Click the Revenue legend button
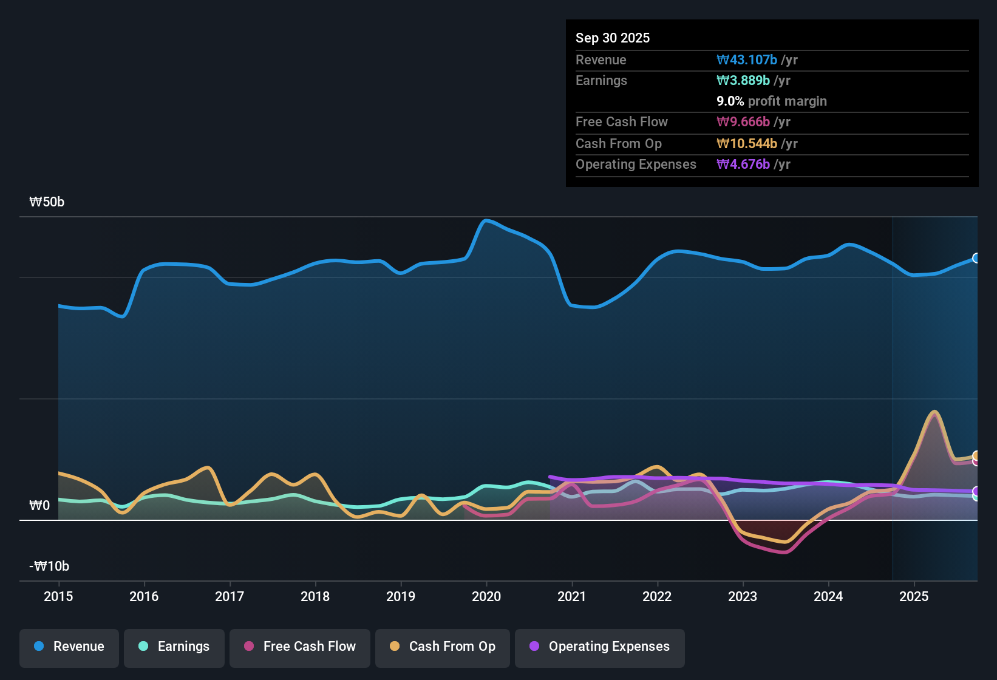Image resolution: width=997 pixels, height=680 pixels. coord(69,647)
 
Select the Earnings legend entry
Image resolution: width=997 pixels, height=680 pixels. coord(174,647)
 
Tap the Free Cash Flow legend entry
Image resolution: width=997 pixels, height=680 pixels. coord(300,647)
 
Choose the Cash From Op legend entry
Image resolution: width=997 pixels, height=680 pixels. coord(443,647)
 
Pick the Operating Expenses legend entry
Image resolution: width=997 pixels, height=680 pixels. coord(600,647)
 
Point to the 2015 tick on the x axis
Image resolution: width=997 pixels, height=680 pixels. coord(58,596)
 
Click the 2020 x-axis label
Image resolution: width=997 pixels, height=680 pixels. coord(486,596)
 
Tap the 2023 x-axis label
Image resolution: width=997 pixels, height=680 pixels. coord(743,596)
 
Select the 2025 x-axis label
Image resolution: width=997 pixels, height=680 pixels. coord(914,596)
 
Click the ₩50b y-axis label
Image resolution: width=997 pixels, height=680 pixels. coord(47,202)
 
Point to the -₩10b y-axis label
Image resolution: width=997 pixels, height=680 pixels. coord(49,566)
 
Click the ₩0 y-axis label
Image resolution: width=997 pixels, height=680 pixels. coord(39,506)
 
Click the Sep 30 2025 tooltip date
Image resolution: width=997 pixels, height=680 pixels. coord(613,38)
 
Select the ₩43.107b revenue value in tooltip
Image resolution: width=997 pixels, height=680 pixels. coord(747,60)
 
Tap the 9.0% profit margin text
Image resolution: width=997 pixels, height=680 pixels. coord(772,101)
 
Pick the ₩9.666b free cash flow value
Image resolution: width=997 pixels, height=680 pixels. coord(743,122)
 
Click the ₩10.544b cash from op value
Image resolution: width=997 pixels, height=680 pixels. coord(747,144)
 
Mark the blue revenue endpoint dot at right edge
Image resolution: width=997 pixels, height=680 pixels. coord(976,258)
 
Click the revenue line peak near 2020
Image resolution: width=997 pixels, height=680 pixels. coord(485,220)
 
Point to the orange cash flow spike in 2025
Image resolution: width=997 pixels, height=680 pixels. coord(934,412)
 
